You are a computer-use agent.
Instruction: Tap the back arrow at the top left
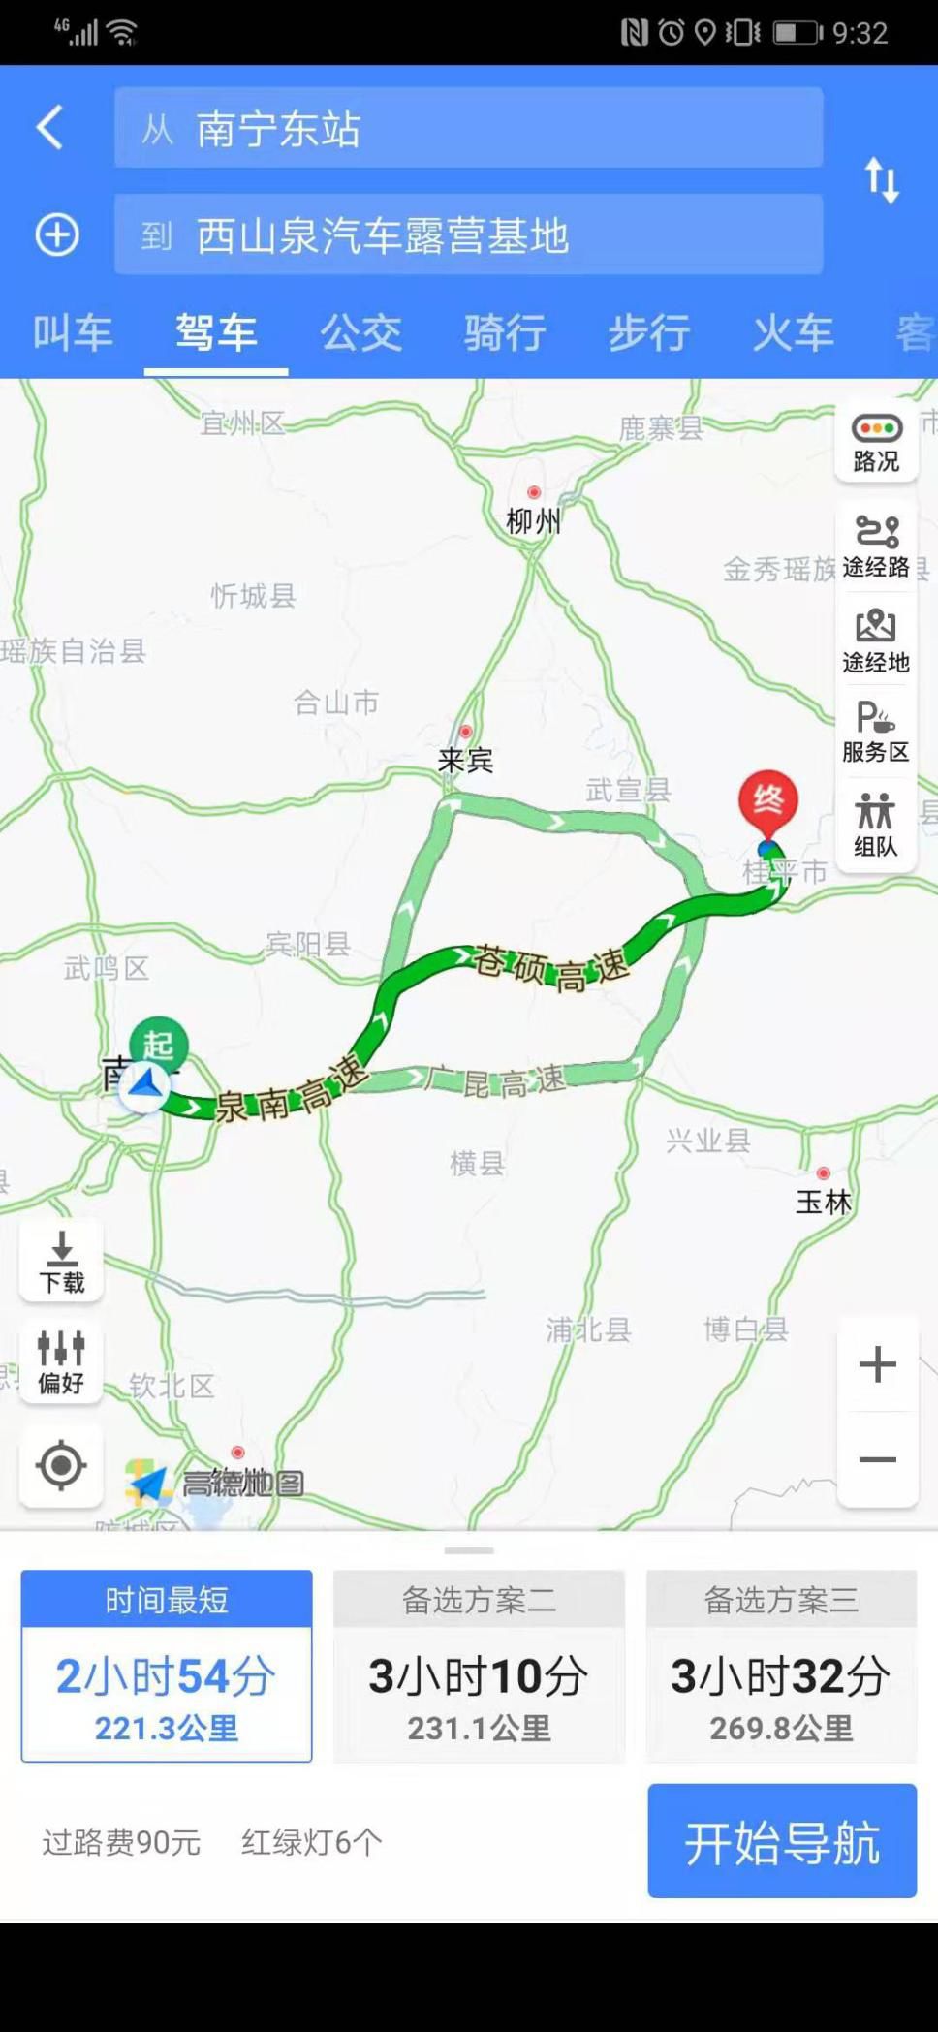click(50, 127)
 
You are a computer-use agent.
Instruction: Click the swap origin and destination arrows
click(882, 180)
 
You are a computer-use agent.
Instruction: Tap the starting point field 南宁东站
click(468, 128)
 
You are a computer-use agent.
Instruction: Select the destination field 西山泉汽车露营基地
click(468, 235)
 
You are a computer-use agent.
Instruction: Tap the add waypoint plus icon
click(57, 234)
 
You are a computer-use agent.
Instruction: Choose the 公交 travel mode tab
click(360, 332)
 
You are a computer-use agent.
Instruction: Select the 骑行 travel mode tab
click(505, 332)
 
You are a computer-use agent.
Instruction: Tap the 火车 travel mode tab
click(793, 332)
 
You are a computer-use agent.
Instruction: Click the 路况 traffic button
click(876, 442)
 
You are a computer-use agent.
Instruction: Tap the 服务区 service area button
click(876, 732)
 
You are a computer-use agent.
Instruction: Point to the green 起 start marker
click(159, 1044)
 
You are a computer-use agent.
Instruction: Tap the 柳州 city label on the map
click(533, 521)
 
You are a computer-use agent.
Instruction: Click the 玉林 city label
click(824, 1202)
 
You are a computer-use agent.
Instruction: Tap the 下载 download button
click(61, 1262)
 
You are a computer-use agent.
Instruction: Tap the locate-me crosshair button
click(61, 1464)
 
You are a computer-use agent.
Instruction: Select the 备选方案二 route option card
click(479, 1665)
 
